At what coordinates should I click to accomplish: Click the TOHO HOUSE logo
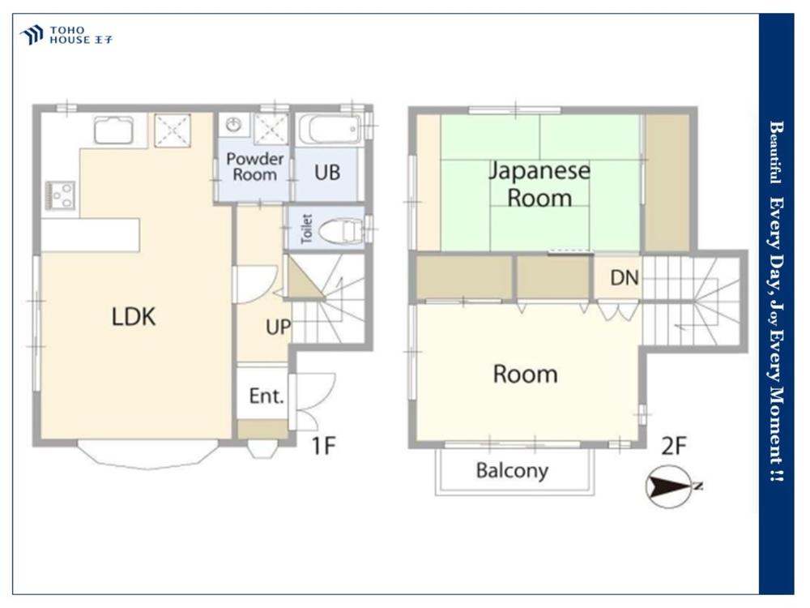(x=66, y=35)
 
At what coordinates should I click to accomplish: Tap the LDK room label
(x=134, y=316)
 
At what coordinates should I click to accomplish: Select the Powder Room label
(x=254, y=166)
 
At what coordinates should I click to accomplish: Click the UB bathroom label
(x=327, y=172)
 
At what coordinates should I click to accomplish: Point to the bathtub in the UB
(x=329, y=129)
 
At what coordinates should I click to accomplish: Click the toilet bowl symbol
(x=341, y=230)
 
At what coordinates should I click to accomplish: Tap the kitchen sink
(x=113, y=129)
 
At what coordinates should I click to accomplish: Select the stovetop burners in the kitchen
(x=60, y=195)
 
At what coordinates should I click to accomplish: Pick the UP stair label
(x=278, y=327)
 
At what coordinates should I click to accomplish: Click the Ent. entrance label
(x=266, y=396)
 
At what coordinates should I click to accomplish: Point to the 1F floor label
(x=323, y=445)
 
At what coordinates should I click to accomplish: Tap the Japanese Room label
(x=539, y=185)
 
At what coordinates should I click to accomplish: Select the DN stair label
(x=625, y=278)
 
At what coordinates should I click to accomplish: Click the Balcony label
(x=512, y=471)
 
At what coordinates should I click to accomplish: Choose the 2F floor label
(x=674, y=446)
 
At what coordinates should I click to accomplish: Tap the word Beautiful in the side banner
(x=775, y=152)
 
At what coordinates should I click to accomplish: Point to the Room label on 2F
(x=526, y=375)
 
